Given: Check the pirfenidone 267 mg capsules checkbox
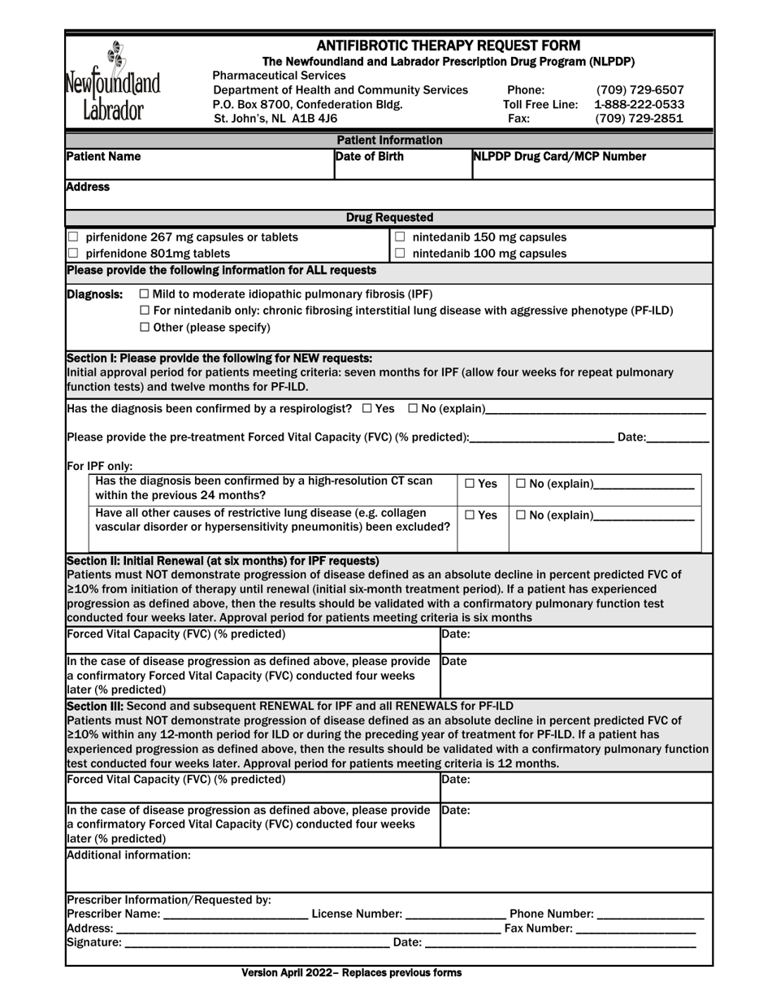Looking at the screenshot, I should point(74,237).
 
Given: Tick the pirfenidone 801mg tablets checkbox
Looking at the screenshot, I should point(74,254).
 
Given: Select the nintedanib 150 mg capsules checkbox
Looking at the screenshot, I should point(400,237).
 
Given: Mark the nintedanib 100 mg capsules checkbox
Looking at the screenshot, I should point(400,254).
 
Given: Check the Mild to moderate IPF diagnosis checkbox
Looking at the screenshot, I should point(145,294).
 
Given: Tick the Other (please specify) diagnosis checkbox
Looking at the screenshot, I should point(145,328).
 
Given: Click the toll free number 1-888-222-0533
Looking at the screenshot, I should point(640,105).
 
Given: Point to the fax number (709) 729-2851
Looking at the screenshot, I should point(640,119).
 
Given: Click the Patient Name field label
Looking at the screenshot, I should point(103,157).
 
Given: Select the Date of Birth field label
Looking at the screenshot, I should point(370,157).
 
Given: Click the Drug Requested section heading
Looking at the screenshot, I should point(389,218).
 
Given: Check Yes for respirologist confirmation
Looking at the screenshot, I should point(367,408).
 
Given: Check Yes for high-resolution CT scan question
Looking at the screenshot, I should point(470,485).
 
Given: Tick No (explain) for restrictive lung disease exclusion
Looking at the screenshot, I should point(521,515).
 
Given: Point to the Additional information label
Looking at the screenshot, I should point(128,855).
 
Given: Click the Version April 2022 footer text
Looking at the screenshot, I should point(351,973).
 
